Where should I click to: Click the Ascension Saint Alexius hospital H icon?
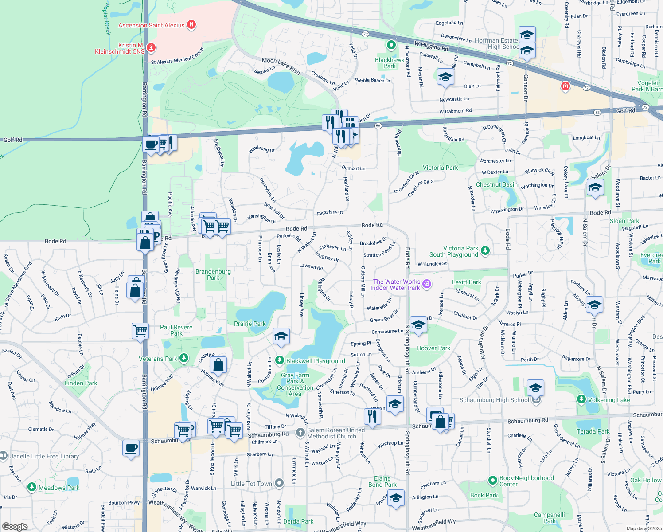[x=191, y=25]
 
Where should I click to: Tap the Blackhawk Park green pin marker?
[x=391, y=45]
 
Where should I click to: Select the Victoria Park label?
[x=440, y=168]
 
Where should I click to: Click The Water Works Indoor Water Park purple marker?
[x=427, y=284]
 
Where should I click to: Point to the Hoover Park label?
[x=433, y=348]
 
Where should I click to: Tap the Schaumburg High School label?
[x=494, y=400]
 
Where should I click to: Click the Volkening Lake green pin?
[x=581, y=399]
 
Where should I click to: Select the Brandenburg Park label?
[x=213, y=274]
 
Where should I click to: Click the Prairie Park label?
[x=250, y=324]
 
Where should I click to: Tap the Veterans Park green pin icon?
[x=184, y=358]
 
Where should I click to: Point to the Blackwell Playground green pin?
[x=279, y=360]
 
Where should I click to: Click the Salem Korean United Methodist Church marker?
[x=300, y=432]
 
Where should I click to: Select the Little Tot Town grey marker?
[x=279, y=483]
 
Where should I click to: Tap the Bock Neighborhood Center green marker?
[x=492, y=480]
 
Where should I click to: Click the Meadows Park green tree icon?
[x=31, y=487]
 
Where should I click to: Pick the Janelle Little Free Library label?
[x=44, y=456]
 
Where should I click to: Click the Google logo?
[x=15, y=526]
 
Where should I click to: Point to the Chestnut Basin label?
[x=496, y=184]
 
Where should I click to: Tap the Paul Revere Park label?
[x=176, y=330]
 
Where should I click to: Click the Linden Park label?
[x=81, y=383]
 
